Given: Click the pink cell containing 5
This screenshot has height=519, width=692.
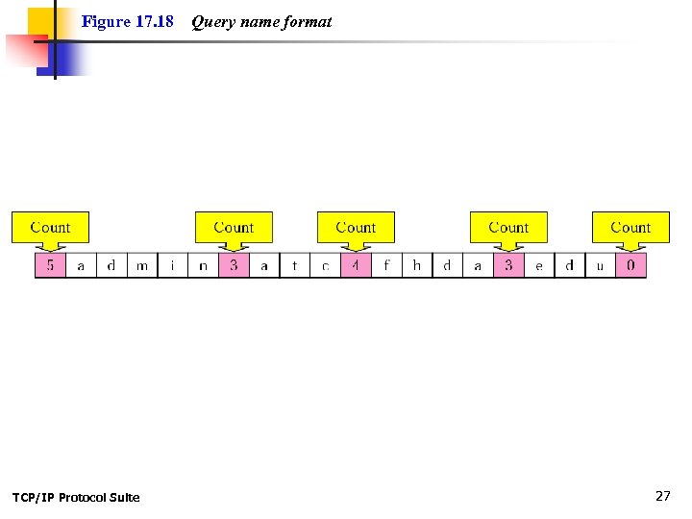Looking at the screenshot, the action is [x=50, y=265].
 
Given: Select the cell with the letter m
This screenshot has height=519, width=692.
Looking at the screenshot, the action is [x=142, y=265].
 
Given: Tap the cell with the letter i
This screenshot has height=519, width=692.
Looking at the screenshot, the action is [x=173, y=265].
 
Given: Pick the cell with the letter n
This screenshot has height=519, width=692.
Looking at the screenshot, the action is [x=203, y=265].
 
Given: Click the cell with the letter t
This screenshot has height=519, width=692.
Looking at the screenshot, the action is [x=295, y=265].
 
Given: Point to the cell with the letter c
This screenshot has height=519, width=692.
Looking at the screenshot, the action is [x=326, y=265].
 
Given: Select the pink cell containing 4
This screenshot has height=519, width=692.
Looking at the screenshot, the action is [x=356, y=265].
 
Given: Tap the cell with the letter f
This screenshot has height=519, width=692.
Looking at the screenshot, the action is [x=386, y=265].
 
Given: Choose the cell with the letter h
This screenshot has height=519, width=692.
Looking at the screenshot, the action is [x=417, y=265].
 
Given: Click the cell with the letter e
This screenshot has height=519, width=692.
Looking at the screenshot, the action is [x=539, y=265].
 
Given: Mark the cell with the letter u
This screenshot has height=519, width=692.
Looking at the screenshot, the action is [x=600, y=265].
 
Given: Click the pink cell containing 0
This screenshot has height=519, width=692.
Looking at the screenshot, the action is [x=630, y=265].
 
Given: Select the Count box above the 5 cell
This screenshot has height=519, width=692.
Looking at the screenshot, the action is [x=50, y=228].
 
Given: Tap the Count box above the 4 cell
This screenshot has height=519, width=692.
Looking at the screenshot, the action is [x=356, y=228].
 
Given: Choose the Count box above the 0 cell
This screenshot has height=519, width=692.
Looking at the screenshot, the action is [x=630, y=228].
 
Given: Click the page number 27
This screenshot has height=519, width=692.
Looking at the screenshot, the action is [x=662, y=496].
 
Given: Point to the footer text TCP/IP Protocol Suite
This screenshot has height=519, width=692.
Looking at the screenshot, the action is [x=76, y=497].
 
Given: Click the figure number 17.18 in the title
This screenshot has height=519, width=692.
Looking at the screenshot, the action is [x=154, y=21].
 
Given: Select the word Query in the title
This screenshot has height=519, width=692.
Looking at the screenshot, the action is [x=212, y=21].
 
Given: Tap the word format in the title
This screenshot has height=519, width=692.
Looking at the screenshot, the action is [x=308, y=21].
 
